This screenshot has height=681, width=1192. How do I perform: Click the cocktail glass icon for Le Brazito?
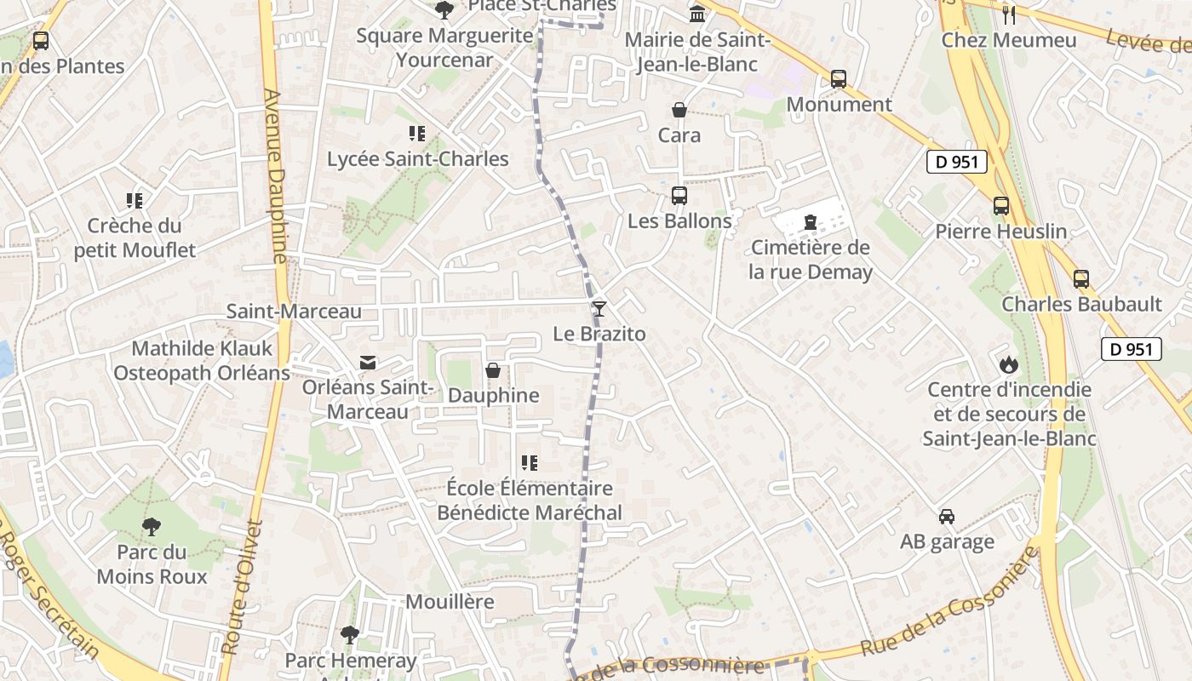[599, 308]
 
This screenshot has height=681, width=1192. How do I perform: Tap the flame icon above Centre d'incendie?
[1009, 364]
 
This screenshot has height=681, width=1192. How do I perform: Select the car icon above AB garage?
[947, 517]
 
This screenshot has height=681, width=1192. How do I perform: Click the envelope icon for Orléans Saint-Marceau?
[368, 363]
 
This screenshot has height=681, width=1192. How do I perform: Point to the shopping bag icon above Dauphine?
[493, 370]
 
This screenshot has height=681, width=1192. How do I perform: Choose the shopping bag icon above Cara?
[679, 110]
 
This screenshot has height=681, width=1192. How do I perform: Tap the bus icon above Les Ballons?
[679, 196]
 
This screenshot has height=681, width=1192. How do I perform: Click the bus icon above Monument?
[839, 79]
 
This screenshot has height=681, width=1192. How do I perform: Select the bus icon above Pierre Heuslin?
[1000, 206]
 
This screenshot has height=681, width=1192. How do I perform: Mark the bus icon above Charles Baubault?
[1081, 279]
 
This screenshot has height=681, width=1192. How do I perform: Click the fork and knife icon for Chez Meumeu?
[1009, 14]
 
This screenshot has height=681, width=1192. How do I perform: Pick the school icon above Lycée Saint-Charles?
[417, 134]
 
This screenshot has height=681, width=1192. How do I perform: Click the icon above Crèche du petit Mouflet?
[135, 201]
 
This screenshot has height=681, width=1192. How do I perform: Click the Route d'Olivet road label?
[242, 587]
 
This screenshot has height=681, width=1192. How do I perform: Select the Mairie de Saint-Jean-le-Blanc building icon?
[698, 14]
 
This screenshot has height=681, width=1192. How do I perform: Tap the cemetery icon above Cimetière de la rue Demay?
[811, 223]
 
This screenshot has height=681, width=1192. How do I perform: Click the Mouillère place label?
[450, 602]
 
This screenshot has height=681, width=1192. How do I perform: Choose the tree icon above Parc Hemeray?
[350, 634]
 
